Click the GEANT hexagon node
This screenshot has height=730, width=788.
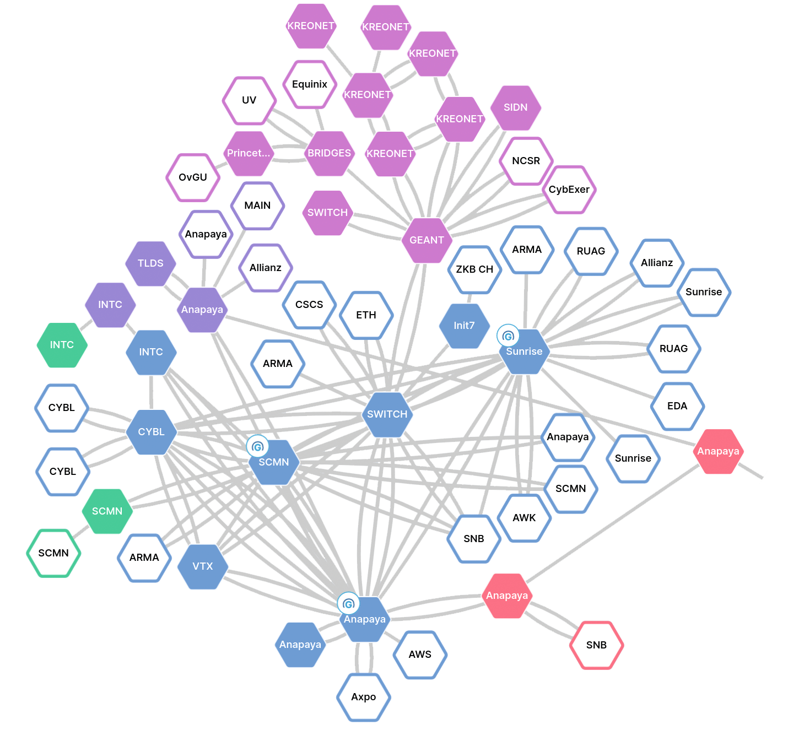pos(427,240)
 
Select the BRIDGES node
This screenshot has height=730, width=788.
pos(329,153)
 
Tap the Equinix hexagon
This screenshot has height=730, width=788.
pos(310,84)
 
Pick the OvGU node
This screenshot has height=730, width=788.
pos(193,177)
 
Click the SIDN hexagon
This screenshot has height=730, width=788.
pos(515,107)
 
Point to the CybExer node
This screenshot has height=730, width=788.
pos(569,190)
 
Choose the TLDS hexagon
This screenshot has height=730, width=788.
pos(150,263)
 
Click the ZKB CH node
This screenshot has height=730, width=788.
pos(474,269)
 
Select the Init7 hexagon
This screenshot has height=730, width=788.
pos(464,326)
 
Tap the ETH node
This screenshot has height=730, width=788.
pos(366,315)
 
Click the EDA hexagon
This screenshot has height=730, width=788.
pos(677,406)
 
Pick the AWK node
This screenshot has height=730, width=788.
pos(524,518)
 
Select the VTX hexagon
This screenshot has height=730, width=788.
pos(203,566)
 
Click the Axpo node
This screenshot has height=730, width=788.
pos(364,697)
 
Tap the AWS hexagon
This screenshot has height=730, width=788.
pos(420,655)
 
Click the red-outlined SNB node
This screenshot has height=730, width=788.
pos(596,645)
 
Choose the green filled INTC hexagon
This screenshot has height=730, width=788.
pos(62,345)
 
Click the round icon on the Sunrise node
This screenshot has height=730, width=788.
pos(508,335)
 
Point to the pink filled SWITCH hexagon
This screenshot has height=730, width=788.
pos(327,213)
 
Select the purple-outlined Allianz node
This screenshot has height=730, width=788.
pos(266,268)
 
